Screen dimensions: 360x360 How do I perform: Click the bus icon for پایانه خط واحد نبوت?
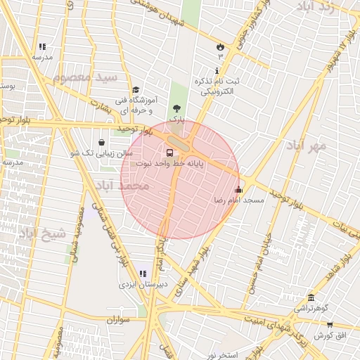coord(169,152)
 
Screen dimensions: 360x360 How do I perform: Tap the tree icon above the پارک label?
coord(176,108)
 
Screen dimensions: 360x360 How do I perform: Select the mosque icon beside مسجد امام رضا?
coord(238,188)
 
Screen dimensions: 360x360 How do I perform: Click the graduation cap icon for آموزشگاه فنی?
coord(136,89)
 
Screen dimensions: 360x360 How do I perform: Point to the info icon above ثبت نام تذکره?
coord(217,71)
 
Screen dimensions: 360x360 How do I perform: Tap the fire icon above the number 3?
coord(220,47)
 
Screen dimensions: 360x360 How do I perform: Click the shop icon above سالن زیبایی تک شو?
coord(103,142)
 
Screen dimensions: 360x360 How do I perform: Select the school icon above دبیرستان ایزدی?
coord(143,274)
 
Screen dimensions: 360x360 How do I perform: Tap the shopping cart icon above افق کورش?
coord(330,324)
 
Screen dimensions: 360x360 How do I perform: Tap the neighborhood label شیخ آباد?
coord(43,233)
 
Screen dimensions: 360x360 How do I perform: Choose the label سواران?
coord(120,320)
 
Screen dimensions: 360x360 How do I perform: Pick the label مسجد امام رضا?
coord(239,200)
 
